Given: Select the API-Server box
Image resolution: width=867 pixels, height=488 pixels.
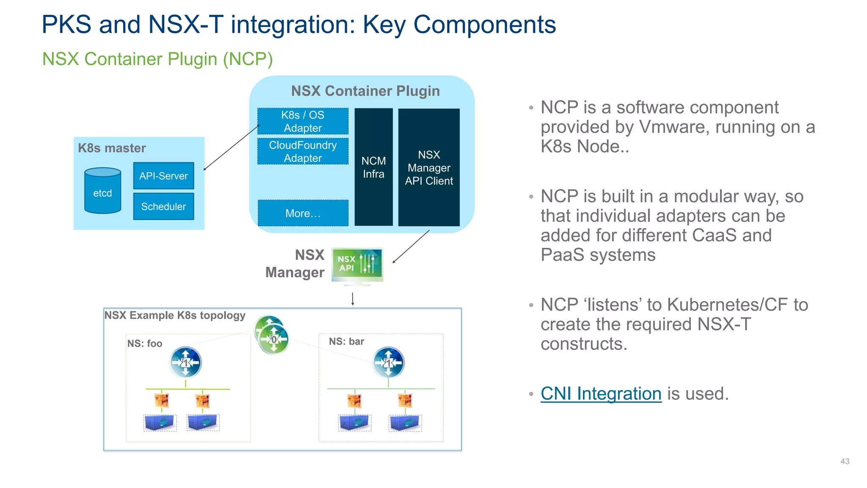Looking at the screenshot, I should [x=163, y=176].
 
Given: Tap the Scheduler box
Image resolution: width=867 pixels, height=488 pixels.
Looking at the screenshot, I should [x=163, y=206].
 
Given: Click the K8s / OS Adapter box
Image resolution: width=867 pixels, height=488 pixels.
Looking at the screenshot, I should [x=303, y=121].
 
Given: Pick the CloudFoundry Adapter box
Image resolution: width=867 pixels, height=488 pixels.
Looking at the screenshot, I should [x=303, y=151].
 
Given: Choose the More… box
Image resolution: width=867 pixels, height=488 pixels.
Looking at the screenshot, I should [x=303, y=213].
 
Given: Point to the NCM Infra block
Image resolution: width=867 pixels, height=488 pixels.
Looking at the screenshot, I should [x=373, y=167].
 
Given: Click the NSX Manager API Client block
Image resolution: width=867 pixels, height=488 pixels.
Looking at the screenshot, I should [x=429, y=167].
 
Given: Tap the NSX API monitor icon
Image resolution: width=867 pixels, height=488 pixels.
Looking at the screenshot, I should [x=357, y=264].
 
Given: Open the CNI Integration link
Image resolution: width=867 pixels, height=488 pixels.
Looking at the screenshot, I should [x=601, y=394].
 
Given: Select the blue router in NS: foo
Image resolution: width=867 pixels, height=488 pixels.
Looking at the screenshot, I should [x=185, y=363].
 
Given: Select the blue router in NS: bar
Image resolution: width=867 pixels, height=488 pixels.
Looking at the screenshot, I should [x=388, y=363].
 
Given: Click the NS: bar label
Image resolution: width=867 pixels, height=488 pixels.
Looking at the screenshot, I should [x=346, y=341].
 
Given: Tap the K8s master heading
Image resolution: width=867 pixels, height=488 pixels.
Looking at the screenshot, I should [x=112, y=148].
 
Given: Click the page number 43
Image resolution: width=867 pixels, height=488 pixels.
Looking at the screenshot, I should [x=845, y=461].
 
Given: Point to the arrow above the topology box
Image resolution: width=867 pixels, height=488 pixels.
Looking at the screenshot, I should [x=353, y=299].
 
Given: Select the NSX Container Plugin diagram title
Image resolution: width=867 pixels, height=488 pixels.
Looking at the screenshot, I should [x=365, y=91].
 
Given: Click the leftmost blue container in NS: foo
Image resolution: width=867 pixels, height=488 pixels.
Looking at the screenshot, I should [x=160, y=422].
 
